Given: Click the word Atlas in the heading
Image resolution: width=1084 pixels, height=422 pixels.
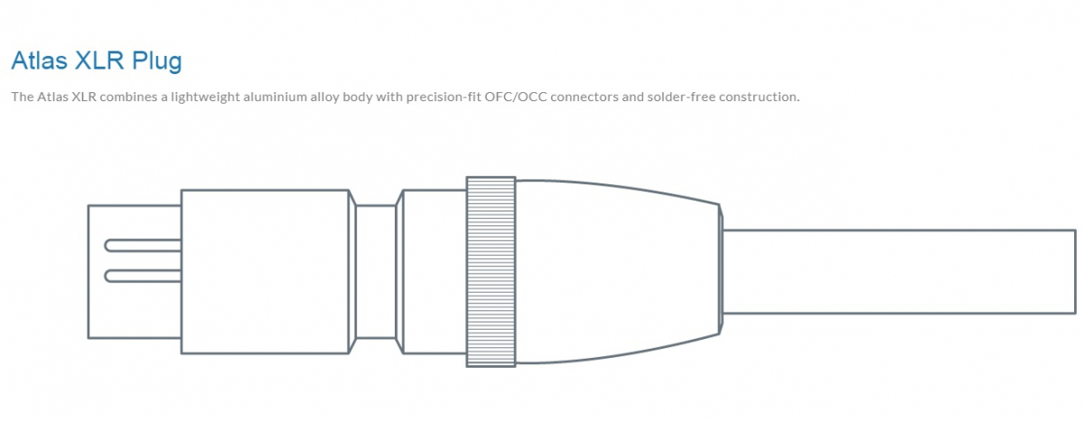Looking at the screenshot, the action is click(x=39, y=61).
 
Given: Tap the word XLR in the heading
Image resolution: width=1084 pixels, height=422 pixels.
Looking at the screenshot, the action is click(x=99, y=61).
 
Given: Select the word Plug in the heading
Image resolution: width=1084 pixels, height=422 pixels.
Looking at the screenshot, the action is click(x=157, y=62).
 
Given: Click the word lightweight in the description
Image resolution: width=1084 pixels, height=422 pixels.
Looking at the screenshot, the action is click(x=205, y=98).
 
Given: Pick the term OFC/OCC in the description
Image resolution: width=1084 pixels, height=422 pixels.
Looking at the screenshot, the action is click(x=516, y=97).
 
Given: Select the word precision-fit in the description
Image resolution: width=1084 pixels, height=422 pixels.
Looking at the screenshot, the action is click(x=444, y=98).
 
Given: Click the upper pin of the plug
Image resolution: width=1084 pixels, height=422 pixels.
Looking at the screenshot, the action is click(x=144, y=246).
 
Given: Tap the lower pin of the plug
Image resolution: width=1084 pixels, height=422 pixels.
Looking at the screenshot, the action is click(x=144, y=276).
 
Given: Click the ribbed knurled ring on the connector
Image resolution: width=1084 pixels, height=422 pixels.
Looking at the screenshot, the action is click(x=491, y=271).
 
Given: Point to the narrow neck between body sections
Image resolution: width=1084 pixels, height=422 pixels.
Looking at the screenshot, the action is click(x=376, y=271).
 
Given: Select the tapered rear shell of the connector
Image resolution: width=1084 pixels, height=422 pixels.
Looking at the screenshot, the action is click(x=619, y=271).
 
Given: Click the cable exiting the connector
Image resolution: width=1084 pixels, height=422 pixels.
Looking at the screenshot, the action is click(x=899, y=271).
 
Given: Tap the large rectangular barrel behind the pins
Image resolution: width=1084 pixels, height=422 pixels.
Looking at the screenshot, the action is click(x=266, y=271).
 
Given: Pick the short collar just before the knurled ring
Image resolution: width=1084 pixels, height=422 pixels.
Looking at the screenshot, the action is click(x=435, y=271).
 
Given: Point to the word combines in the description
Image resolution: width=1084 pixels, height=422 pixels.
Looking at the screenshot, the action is click(x=128, y=97).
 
